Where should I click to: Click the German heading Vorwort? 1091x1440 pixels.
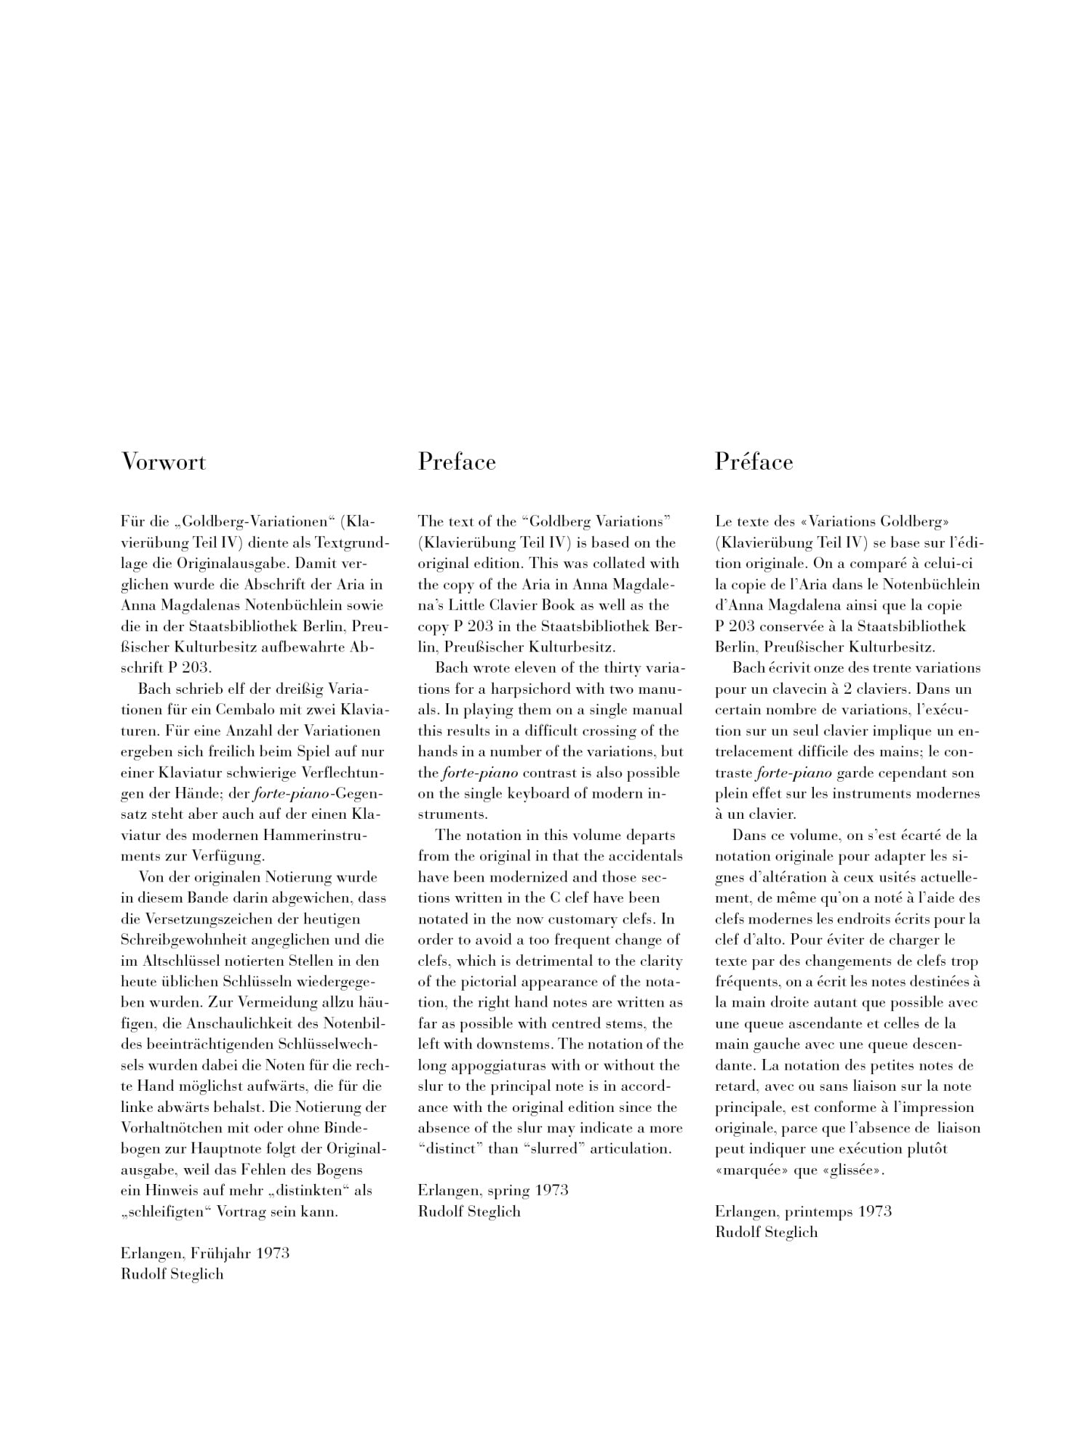pos(164,462)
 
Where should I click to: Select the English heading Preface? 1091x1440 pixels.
pos(457,462)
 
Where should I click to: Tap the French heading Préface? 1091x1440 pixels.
pos(754,462)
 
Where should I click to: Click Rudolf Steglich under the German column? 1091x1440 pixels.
pos(172,1273)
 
